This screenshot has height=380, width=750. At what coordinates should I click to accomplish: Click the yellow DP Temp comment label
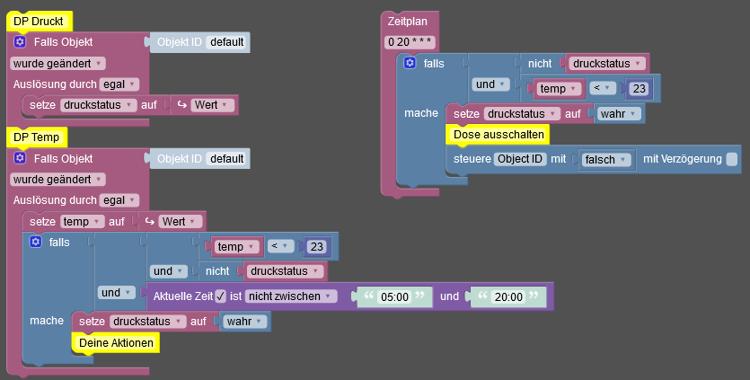(x=37, y=137)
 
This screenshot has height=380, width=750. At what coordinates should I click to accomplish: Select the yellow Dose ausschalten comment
(x=497, y=135)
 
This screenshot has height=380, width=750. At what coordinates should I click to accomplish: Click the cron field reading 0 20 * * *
(x=410, y=42)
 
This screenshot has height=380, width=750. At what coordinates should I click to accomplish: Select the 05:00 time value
(x=394, y=296)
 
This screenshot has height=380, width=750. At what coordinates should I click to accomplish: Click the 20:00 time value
(x=508, y=296)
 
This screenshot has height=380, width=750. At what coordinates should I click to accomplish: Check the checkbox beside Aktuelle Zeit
(x=220, y=296)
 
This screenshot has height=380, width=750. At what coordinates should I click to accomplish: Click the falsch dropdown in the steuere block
(x=607, y=159)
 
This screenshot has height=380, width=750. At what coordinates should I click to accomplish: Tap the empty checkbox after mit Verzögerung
(x=732, y=159)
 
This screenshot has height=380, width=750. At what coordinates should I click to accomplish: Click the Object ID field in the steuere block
(x=521, y=159)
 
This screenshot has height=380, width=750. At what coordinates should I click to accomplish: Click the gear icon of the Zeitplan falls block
(x=410, y=63)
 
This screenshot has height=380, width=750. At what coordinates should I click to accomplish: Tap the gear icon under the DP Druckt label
(x=20, y=42)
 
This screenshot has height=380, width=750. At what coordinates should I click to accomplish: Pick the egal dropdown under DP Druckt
(x=119, y=84)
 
